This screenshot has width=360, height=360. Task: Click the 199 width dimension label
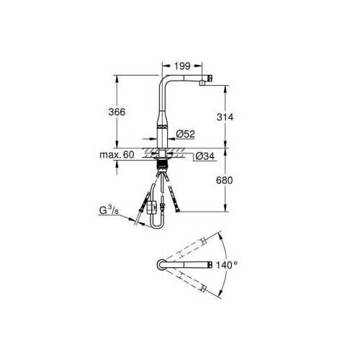[x=182, y=66]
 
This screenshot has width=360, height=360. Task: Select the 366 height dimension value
[x=117, y=112]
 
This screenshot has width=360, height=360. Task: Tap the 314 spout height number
[x=225, y=117]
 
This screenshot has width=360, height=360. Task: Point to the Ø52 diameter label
[x=185, y=134]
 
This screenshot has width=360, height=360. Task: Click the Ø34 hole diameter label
[x=204, y=156]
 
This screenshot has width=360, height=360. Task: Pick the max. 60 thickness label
[x=117, y=155]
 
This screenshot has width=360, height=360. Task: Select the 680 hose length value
[x=225, y=181]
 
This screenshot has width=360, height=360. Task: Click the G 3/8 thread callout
[x=109, y=210]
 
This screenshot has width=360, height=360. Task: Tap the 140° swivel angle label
[x=227, y=265]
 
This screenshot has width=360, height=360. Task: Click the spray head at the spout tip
[x=206, y=80]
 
